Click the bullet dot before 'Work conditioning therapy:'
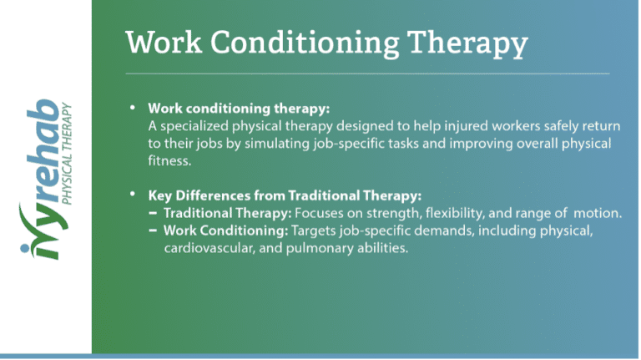(x=132, y=109)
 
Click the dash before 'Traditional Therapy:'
(x=154, y=214)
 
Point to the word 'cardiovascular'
(x=205, y=249)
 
